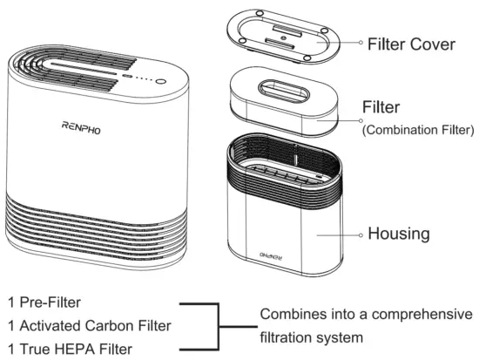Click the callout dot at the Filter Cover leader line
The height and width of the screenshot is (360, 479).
[360, 42]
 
